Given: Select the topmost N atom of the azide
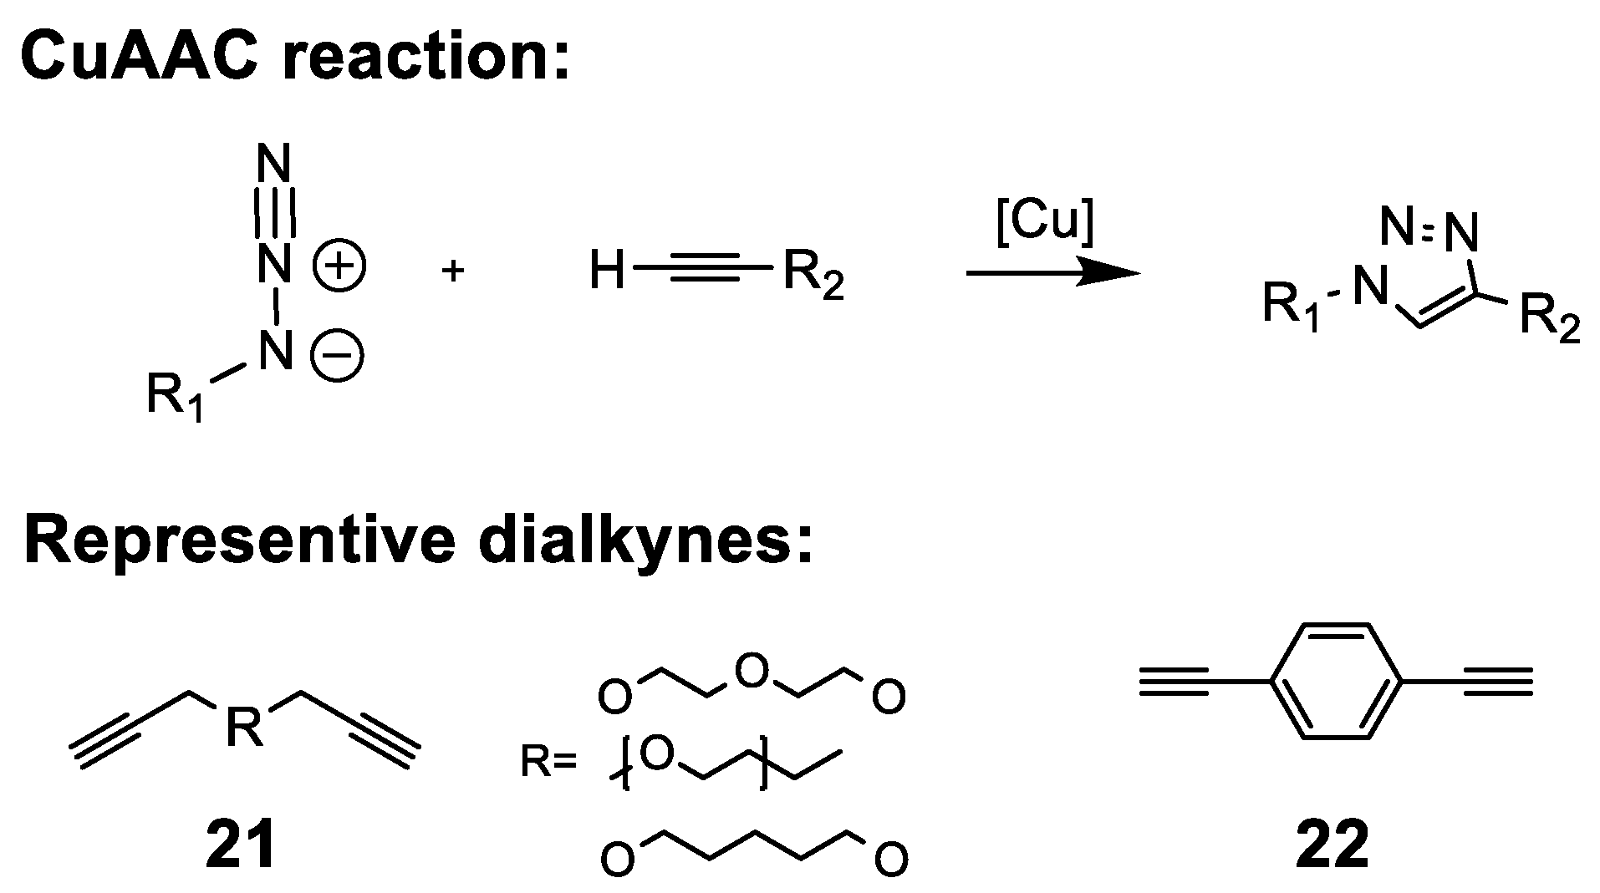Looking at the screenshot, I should (275, 164).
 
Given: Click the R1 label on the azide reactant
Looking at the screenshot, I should (175, 395).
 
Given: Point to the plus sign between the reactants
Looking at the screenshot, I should (452, 271).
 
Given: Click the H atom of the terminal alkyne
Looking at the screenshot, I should (608, 271).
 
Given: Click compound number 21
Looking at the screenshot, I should (242, 845).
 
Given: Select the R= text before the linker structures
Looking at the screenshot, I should (548, 762).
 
